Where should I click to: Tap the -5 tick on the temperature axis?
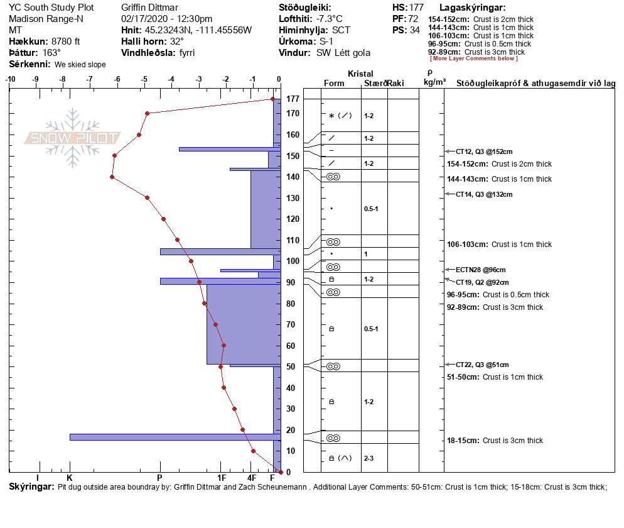coord(144,79)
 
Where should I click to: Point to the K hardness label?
coord(70,478)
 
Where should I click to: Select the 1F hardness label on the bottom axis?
coord(222,478)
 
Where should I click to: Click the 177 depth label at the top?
coord(293,99)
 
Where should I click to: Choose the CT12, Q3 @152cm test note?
coord(484,151)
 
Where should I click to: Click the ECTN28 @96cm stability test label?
coord(480,270)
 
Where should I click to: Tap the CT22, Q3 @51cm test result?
coord(482,365)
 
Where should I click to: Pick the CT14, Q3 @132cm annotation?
coord(484,194)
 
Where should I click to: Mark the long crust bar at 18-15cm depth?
coord(175,437)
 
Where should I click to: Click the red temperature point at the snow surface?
coord(272,99)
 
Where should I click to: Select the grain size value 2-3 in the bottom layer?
coord(368,459)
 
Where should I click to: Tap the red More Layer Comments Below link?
coord(474,58)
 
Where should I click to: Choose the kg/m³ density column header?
coord(434,82)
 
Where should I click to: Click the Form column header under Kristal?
coord(334,84)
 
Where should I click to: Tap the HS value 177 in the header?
coord(416,8)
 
